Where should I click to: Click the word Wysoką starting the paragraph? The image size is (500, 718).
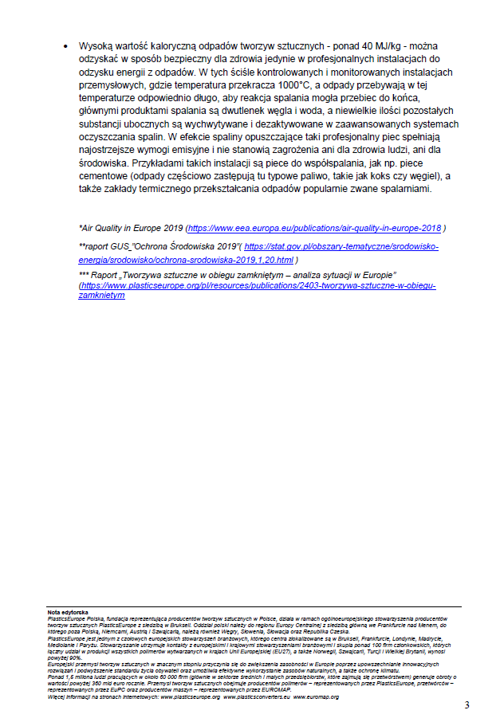click(96, 47)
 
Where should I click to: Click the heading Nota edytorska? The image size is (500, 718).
click(68, 612)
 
